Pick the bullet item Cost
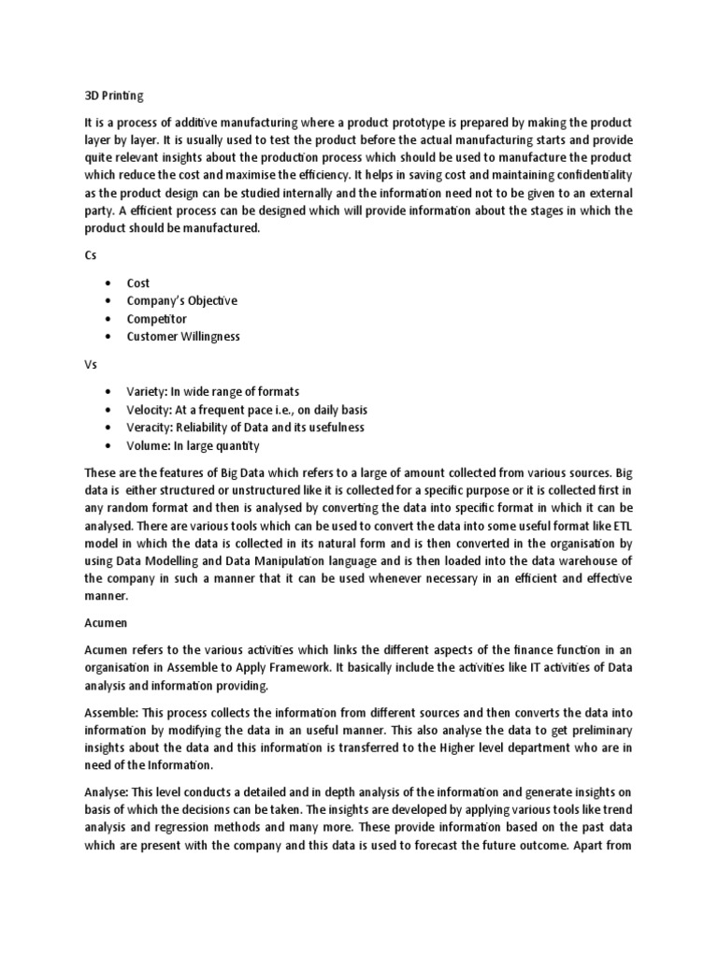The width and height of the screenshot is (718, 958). (138, 283)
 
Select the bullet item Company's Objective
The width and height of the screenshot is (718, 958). (182, 301)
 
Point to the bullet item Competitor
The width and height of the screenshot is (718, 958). (157, 319)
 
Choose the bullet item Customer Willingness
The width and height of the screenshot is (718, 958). (183, 337)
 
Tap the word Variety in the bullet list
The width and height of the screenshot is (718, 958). (148, 391)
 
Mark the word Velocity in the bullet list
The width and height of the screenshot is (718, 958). (150, 410)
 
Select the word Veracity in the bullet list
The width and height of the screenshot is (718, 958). (151, 428)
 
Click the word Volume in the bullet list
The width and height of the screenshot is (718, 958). (149, 445)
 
